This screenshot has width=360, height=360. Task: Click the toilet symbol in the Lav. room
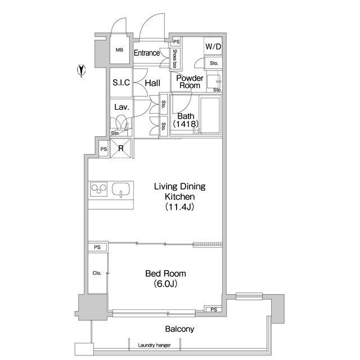pyautogui.click(x=121, y=123)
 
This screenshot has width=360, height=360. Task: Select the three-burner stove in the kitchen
pyautogui.click(x=99, y=189)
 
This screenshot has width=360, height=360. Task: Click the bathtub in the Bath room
pyautogui.click(x=210, y=115)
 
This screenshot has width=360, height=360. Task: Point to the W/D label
pyautogui.click(x=213, y=47)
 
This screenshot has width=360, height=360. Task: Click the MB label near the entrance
pyautogui.click(x=119, y=50)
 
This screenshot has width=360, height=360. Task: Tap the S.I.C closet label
pyautogui.click(x=121, y=83)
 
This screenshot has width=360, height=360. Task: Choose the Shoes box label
pyautogui.click(x=175, y=58)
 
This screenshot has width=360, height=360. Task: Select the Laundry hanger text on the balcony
pyautogui.click(x=154, y=345)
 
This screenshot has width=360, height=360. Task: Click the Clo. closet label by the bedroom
pyautogui.click(x=97, y=273)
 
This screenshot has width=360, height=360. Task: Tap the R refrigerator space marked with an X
pyautogui.click(x=121, y=148)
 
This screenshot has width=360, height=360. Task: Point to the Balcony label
pyautogui.click(x=179, y=329)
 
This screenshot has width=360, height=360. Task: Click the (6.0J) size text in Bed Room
pyautogui.click(x=165, y=284)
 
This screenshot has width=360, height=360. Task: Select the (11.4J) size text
pyautogui.click(x=179, y=207)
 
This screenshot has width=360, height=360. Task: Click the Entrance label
pyautogui.click(x=147, y=53)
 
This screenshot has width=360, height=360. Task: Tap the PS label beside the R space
pyautogui.click(x=103, y=149)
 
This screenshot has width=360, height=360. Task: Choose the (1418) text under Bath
pyautogui.click(x=186, y=124)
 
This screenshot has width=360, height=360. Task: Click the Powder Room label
pyautogui.click(x=190, y=82)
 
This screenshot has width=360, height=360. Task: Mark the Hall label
pyautogui.click(x=152, y=83)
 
